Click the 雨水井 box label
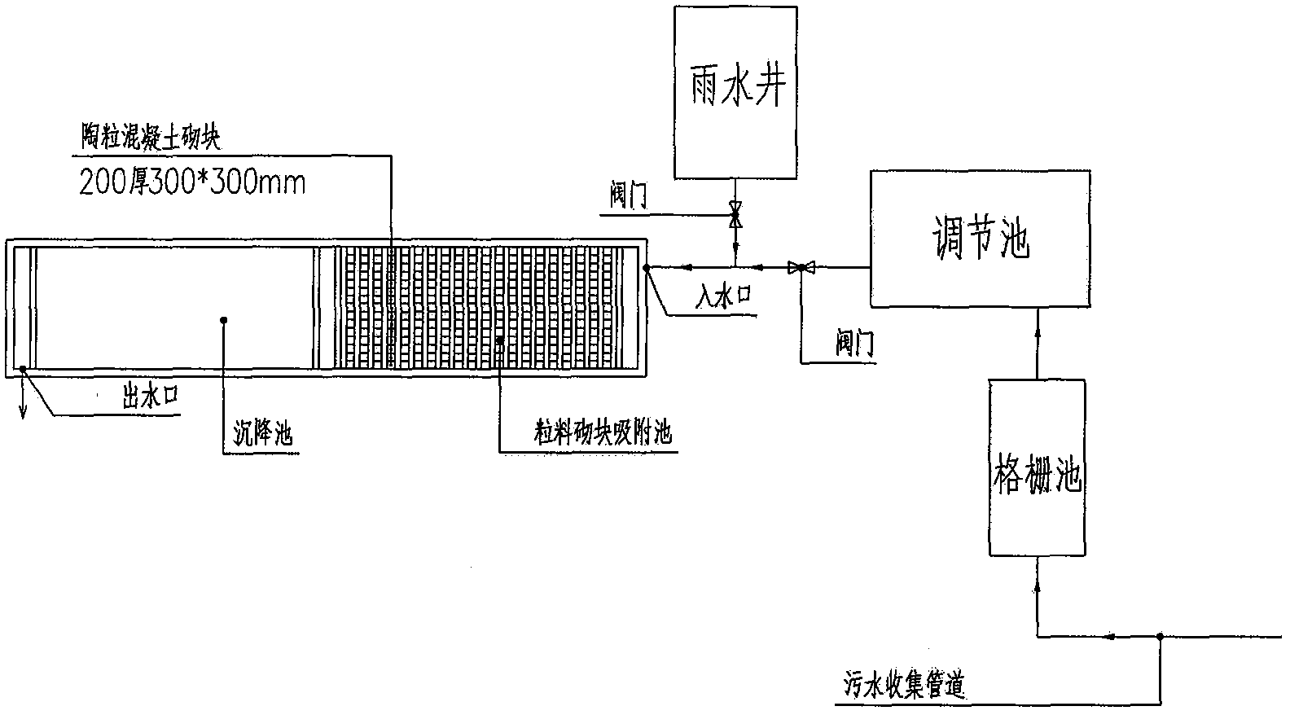tap(736, 86)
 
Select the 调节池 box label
tap(981, 239)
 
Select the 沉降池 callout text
tap(262, 434)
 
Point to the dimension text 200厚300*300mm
tap(192, 182)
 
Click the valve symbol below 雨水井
tap(736, 215)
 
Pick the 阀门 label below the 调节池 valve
tap(855, 345)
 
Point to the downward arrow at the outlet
tap(23, 410)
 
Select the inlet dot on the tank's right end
tap(647, 266)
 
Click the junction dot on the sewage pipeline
tap(1158, 635)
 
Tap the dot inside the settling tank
tap(223, 319)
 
